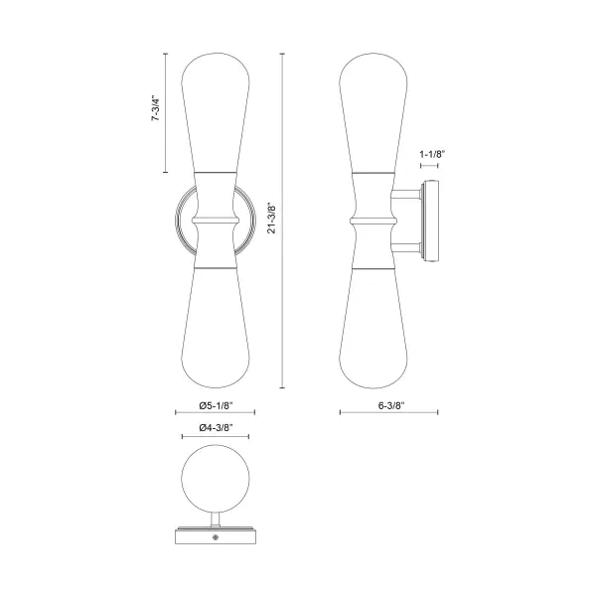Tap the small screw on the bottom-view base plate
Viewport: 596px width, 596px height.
coord(216,537)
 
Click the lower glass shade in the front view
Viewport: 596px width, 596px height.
coord(216,328)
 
